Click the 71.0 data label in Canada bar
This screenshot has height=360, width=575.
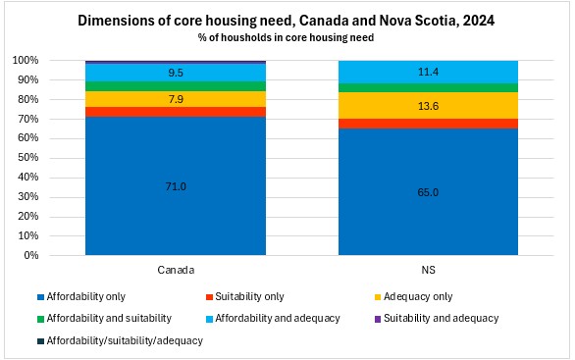pyautogui.click(x=176, y=186)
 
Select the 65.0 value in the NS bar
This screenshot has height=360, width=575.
pyautogui.click(x=428, y=192)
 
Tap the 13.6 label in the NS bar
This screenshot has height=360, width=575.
pyautogui.click(x=428, y=106)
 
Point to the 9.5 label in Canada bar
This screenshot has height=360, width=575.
pyautogui.click(x=176, y=73)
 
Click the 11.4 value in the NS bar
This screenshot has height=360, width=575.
pyautogui.click(x=428, y=72)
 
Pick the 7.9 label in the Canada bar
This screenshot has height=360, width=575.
pyautogui.click(x=176, y=99)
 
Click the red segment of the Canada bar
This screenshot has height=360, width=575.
pyautogui.click(x=176, y=112)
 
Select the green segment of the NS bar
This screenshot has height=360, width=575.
pyautogui.click(x=428, y=88)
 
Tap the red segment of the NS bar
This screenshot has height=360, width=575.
pyautogui.click(x=428, y=124)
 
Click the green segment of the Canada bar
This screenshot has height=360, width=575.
pyautogui.click(x=176, y=86)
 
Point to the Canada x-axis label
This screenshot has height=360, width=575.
pyautogui.click(x=176, y=270)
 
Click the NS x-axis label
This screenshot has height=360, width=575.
pyautogui.click(x=428, y=270)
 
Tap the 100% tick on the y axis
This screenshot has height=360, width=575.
pyautogui.click(x=26, y=60)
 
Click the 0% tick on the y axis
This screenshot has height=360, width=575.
pyautogui.click(x=30, y=255)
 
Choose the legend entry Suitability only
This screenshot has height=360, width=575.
pyautogui.click(x=245, y=296)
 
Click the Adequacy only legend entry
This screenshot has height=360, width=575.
pyautogui.click(x=413, y=296)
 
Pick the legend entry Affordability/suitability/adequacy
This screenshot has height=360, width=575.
pyautogui.click(x=120, y=341)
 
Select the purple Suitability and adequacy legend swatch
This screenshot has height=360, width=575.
pyautogui.click(x=378, y=319)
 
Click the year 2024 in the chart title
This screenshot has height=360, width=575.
pyautogui.click(x=479, y=21)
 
